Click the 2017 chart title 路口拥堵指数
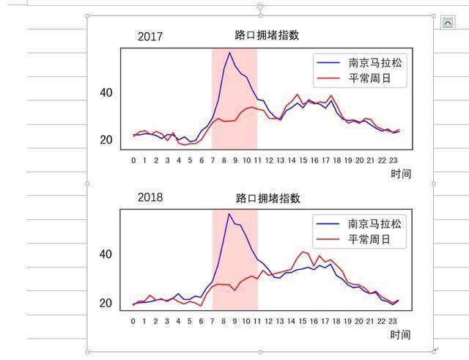coord(267,35)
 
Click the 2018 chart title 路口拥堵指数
coord(268,198)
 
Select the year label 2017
coord(150,37)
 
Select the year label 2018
coord(150,198)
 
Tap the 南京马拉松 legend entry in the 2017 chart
coord(375,63)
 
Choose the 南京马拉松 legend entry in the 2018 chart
coord(375,224)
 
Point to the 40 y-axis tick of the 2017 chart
coord(107,92)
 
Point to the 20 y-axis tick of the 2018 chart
coord(107,303)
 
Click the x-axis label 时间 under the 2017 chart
coord(400,174)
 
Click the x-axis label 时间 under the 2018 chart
coord(400,335)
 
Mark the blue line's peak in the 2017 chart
coord(229,52)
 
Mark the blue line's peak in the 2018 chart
coord(229,213)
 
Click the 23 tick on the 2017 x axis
coord(394,159)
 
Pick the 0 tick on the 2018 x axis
coord(133,320)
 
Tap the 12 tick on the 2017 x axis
coord(269,159)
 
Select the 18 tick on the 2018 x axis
coord(337,320)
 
